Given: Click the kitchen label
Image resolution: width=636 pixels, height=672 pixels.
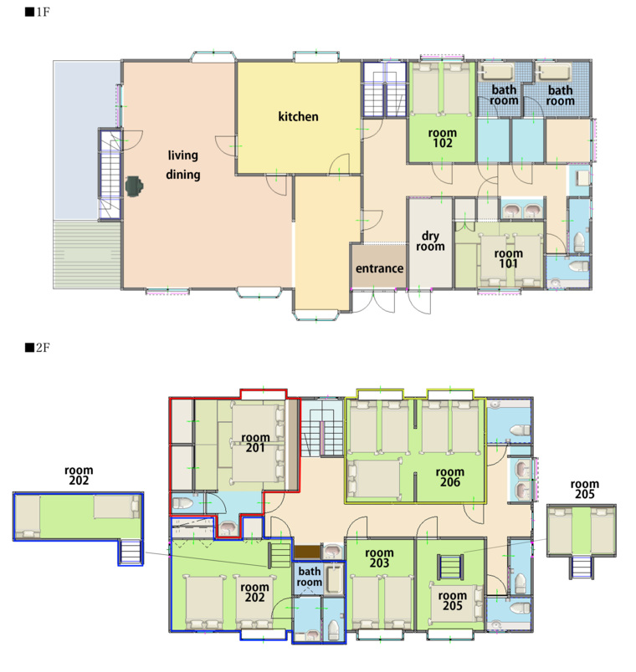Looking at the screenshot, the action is click(298, 116).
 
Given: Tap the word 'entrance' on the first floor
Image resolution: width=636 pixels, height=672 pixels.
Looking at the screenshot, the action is click(379, 268).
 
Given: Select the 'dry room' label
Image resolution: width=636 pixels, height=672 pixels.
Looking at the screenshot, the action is click(430, 241).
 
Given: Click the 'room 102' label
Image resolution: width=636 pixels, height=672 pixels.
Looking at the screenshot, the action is click(443, 138).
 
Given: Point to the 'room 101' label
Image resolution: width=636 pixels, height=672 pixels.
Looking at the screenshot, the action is click(509, 258).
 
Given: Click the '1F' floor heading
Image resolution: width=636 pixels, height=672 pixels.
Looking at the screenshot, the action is click(38, 12).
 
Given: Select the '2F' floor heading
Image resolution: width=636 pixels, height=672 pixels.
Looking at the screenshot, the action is click(38, 347).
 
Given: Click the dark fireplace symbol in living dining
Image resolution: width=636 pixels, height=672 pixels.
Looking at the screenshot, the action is click(135, 187).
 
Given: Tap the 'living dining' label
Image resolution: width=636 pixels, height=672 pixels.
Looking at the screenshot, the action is click(182, 165).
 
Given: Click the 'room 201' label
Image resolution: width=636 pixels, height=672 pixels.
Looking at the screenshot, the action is click(255, 443).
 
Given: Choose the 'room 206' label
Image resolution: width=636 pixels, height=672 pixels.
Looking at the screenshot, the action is click(450, 477).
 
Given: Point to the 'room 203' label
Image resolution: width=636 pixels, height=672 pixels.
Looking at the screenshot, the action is click(379, 558).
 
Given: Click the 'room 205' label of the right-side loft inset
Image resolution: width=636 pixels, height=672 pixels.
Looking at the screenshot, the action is click(584, 489).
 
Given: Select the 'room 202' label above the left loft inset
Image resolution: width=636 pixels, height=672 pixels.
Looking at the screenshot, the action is click(79, 476).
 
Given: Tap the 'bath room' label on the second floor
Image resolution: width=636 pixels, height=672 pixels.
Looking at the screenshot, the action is click(310, 577).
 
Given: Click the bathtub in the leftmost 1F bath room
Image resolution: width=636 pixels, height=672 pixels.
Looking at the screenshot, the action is click(497, 72).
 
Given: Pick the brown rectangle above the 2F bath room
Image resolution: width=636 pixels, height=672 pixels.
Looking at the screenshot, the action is click(307, 551).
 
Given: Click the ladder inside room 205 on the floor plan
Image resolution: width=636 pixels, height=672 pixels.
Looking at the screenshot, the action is click(450, 567).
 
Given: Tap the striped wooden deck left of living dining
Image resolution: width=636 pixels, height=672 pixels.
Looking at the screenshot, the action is click(87, 255).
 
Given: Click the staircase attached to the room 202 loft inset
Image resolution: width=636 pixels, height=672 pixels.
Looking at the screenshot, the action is click(131, 552).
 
